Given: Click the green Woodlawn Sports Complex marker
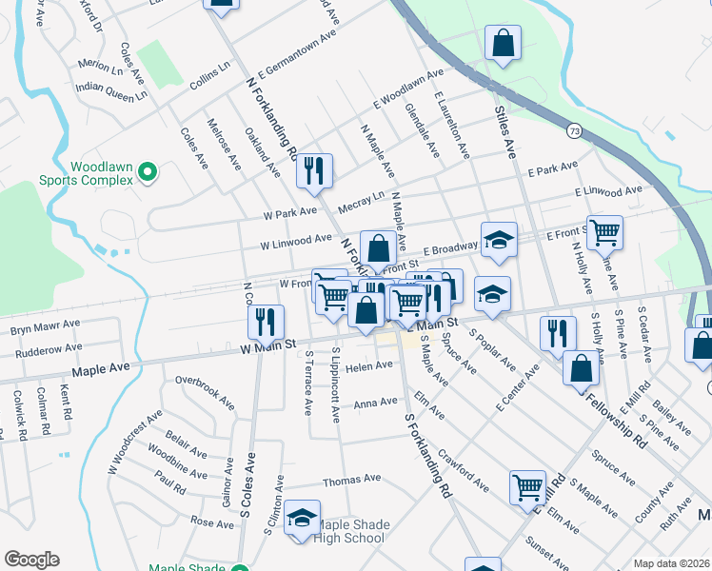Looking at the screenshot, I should (x=147, y=172).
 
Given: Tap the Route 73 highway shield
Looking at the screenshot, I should (x=572, y=129).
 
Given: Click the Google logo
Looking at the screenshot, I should (x=31, y=560).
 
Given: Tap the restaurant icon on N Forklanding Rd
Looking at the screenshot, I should (x=313, y=170).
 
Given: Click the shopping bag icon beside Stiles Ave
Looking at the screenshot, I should (x=503, y=43).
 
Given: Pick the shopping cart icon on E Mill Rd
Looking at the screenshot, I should (x=526, y=486).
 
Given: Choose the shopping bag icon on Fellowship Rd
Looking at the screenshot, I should (x=580, y=367).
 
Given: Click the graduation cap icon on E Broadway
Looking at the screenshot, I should (x=498, y=241).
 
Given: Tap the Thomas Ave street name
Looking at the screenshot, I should (x=351, y=480).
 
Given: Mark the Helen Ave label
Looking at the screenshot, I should (x=368, y=366).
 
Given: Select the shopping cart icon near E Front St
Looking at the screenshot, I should (x=603, y=231).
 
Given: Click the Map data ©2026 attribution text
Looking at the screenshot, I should (x=671, y=563).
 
